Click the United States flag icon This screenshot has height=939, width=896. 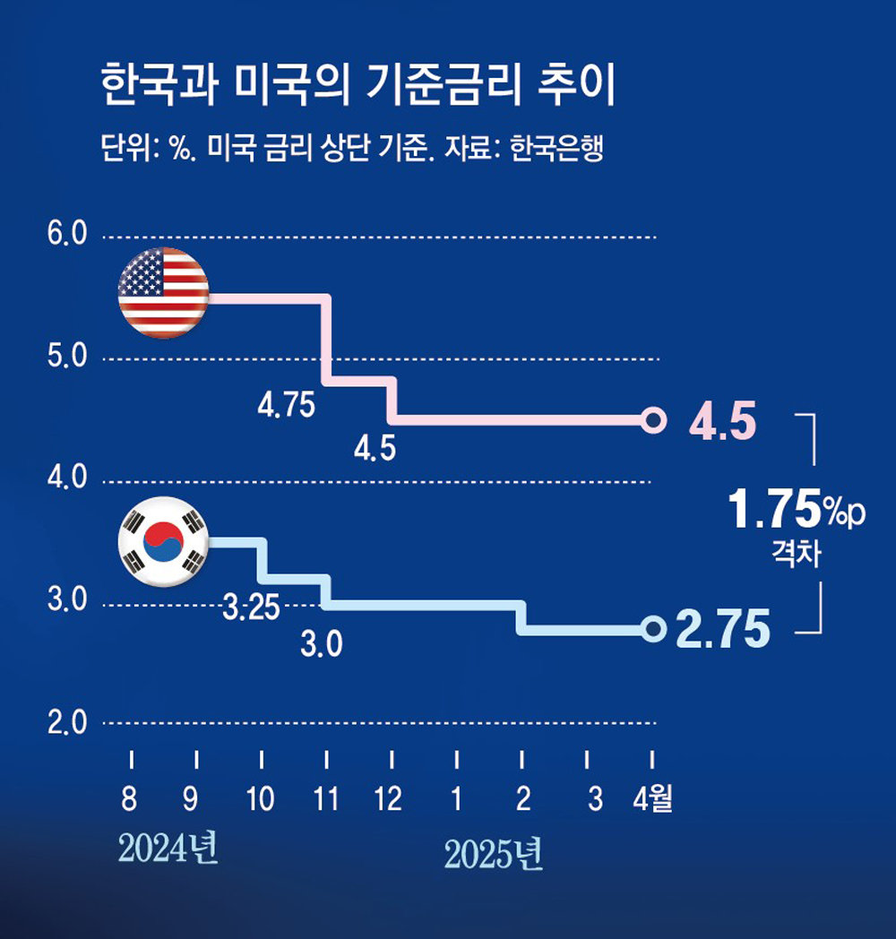tap(163, 293)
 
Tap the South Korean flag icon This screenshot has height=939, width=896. tap(163, 540)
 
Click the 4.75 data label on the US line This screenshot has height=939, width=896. tap(286, 406)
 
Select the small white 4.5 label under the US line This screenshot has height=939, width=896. tap(375, 449)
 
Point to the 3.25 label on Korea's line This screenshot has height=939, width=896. tap(251, 610)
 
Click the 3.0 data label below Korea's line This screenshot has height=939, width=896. tap(321, 645)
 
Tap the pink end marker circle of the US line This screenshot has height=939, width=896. tap(654, 419)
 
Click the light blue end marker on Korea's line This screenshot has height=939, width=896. tap(654, 629)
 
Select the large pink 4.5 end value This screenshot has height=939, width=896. tap(722, 421)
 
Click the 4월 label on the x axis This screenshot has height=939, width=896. tap(652, 798)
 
